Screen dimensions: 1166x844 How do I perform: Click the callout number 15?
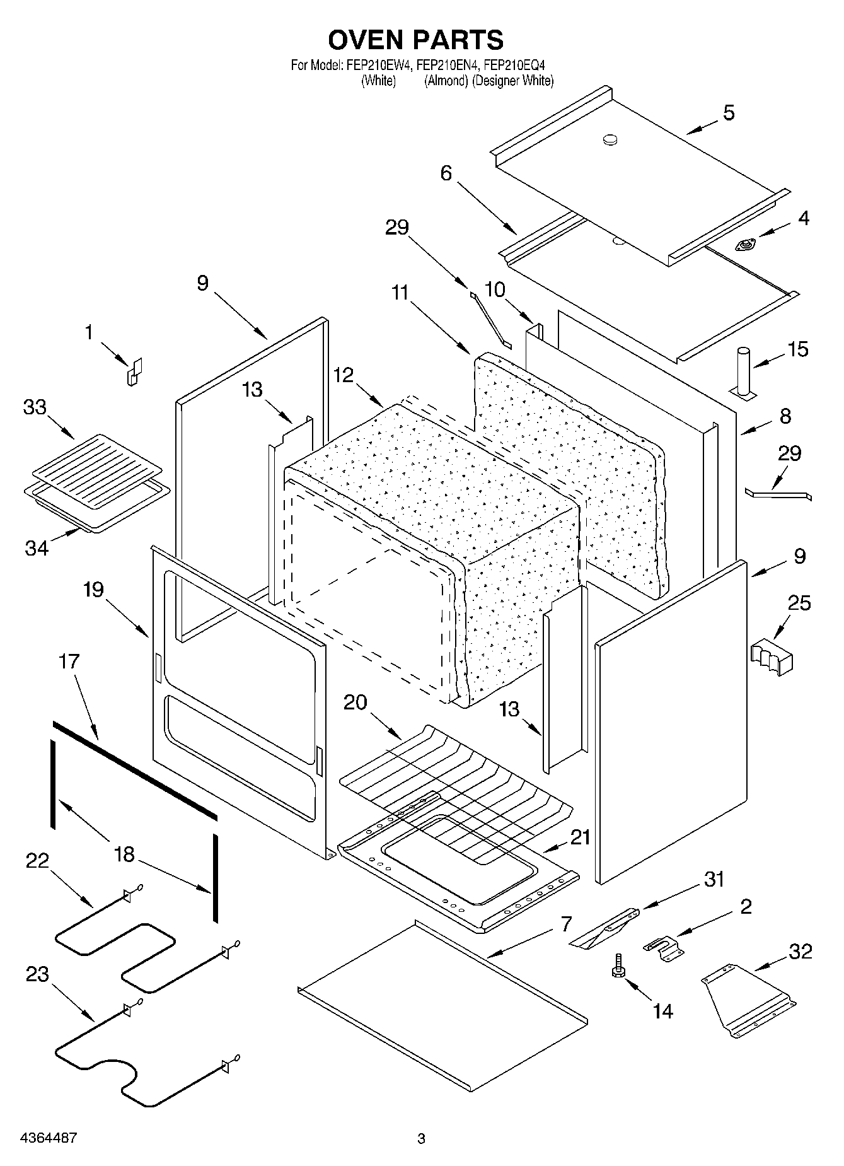[x=798, y=349]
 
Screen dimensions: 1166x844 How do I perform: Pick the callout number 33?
[x=35, y=407]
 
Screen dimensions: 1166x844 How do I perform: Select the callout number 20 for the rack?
[x=356, y=702]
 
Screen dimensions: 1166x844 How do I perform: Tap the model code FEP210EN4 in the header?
[x=446, y=65]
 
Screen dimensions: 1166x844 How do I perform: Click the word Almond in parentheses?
[x=446, y=81]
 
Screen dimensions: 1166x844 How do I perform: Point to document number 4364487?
[x=49, y=1138]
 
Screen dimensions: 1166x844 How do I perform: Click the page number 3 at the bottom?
[x=421, y=1138]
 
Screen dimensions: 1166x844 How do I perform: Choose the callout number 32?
[x=801, y=952]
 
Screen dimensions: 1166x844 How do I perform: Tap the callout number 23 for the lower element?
[x=37, y=974]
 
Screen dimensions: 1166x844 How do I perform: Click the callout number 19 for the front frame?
[x=94, y=590]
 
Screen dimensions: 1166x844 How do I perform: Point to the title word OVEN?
[x=365, y=40]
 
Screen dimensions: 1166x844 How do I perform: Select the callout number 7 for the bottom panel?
[x=565, y=924]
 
